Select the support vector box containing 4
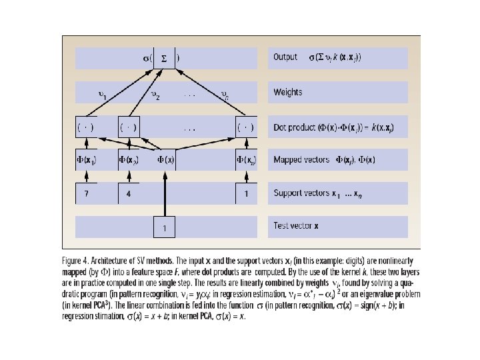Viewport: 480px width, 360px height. pyautogui.click(x=129, y=193)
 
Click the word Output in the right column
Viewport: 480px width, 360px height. pyautogui.click(x=285, y=57)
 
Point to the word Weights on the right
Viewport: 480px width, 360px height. pyautogui.click(x=287, y=92)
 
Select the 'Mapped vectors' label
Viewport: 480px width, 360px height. pyautogui.click(x=302, y=160)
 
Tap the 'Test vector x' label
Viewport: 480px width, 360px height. pyautogui.click(x=296, y=226)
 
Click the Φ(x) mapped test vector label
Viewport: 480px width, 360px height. pyautogui.click(x=167, y=159)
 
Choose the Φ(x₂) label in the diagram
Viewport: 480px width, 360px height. pyautogui.click(x=129, y=160)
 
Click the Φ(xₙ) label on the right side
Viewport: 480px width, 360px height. pyautogui.click(x=247, y=160)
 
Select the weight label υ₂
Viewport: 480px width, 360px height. pyautogui.click(x=155, y=95)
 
